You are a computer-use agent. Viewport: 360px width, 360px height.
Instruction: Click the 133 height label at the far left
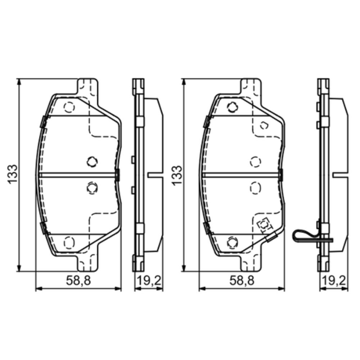(13, 174)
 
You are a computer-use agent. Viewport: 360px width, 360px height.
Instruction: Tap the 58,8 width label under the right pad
(242, 280)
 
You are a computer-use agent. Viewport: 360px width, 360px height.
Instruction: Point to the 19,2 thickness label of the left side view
(149, 280)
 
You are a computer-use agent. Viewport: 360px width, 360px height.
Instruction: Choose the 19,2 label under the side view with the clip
(334, 280)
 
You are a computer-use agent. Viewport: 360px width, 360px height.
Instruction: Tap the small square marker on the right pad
(264, 225)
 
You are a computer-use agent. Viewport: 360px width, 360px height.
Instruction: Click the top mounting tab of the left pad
(87, 87)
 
